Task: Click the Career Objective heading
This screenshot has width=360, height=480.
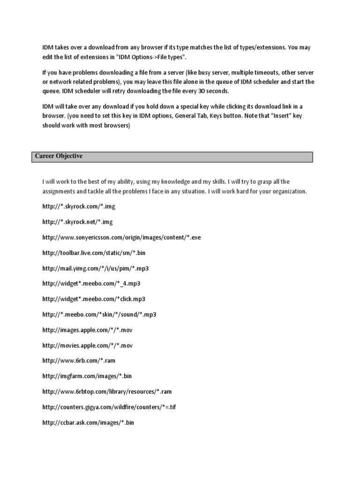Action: pos(59,156)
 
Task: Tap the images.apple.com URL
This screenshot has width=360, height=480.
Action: pos(88,330)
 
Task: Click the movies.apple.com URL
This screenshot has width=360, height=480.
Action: pos(88,345)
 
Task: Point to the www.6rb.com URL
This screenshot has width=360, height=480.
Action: pos(79,361)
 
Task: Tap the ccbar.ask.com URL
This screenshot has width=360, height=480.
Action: pos(88,422)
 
